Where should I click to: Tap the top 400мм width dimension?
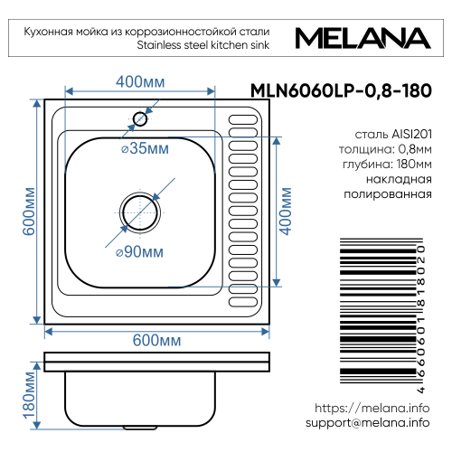[140, 81]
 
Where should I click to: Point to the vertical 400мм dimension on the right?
[287, 209]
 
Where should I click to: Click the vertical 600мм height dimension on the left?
[27, 212]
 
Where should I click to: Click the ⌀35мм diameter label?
[146, 148]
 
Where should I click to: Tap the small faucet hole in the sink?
[140, 118]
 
